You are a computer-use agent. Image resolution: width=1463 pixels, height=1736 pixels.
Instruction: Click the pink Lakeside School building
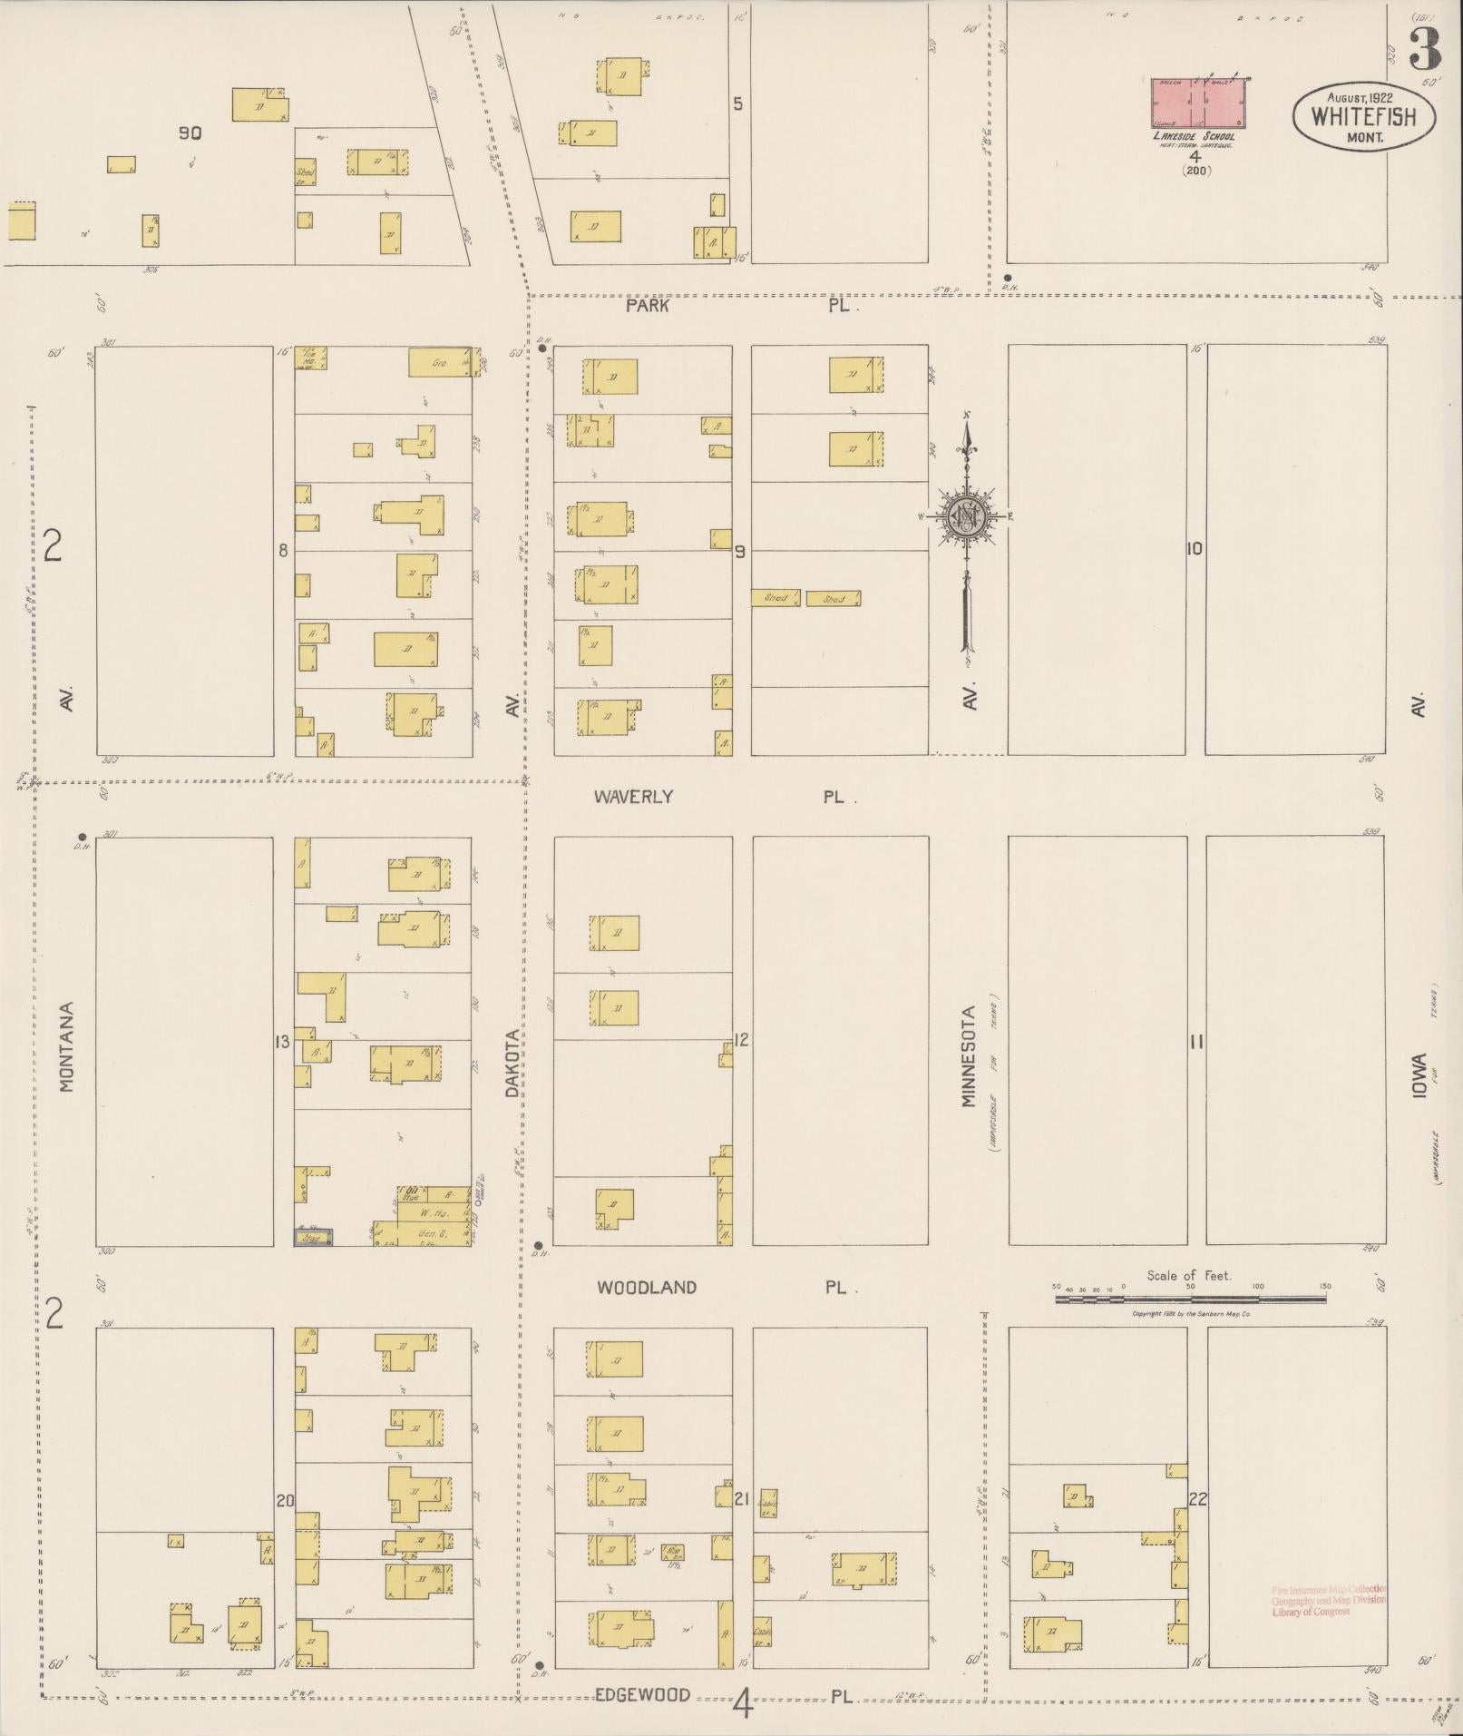point(1198,103)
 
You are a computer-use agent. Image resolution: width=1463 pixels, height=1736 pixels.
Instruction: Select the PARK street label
point(647,306)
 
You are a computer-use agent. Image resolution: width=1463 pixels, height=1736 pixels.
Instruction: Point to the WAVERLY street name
point(633,797)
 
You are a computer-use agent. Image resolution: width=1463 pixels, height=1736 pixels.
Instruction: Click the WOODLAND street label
point(647,1287)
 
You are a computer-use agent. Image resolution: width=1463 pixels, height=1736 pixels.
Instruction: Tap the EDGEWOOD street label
point(643,1694)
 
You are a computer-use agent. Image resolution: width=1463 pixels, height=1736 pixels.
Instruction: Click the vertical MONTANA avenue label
point(67,1046)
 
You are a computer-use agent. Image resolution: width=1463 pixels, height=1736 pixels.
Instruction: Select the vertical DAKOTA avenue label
point(512,1064)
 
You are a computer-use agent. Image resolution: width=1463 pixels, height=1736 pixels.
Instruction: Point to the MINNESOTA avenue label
point(969,1056)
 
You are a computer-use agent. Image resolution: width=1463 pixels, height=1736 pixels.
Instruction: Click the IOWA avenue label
point(1419,1076)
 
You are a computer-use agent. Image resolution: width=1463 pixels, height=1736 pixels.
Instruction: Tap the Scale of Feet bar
point(1190,1300)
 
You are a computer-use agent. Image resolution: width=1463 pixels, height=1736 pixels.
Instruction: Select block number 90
point(190,133)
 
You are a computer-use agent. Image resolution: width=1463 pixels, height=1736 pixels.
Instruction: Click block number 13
point(282,1042)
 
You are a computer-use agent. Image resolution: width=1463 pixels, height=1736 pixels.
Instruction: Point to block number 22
point(1198,1498)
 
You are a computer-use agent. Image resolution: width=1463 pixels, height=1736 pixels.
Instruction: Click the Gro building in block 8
point(440,362)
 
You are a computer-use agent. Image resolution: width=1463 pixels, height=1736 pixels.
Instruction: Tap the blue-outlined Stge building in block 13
point(313,1236)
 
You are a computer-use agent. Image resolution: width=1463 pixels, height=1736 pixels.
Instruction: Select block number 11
point(1196,1042)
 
